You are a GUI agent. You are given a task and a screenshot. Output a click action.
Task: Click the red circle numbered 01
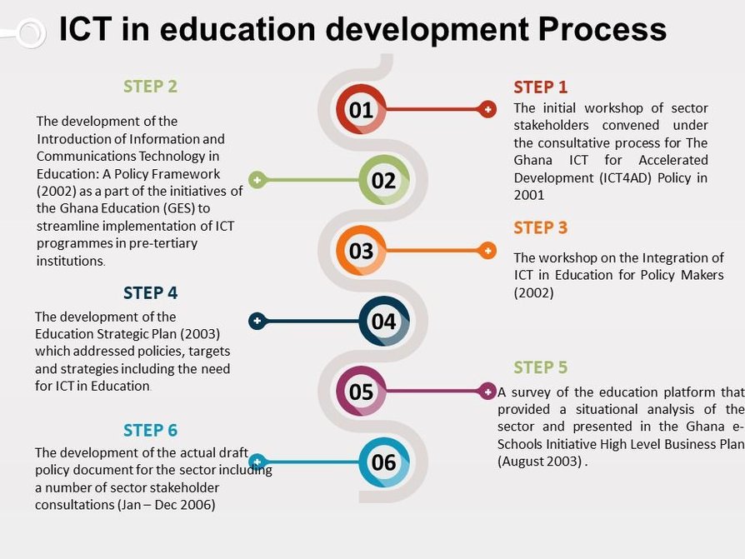click(x=361, y=109)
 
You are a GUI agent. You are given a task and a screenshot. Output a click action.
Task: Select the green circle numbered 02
click(x=383, y=180)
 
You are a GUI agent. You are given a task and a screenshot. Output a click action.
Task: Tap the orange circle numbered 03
click(x=361, y=250)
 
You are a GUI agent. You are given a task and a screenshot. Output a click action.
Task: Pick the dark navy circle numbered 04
click(x=383, y=321)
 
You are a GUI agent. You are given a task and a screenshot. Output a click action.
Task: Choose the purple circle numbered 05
click(x=361, y=391)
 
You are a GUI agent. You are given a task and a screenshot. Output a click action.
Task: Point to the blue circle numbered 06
click(x=383, y=462)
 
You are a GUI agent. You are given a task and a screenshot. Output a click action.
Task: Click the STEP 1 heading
click(x=540, y=87)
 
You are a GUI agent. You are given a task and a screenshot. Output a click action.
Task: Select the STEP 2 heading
click(x=150, y=86)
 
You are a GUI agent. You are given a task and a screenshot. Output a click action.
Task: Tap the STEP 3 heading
click(x=540, y=227)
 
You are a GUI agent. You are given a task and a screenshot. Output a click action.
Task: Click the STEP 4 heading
click(x=150, y=292)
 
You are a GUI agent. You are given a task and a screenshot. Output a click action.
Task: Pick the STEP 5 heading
click(x=540, y=367)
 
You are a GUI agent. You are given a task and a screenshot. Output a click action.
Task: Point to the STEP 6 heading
click(x=150, y=430)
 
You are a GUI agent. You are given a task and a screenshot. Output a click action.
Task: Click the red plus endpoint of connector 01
click(x=487, y=109)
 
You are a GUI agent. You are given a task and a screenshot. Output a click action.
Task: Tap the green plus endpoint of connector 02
click(x=257, y=180)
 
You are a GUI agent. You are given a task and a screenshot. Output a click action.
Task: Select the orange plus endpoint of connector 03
click(x=487, y=250)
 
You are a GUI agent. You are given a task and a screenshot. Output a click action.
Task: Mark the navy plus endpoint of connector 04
click(x=257, y=321)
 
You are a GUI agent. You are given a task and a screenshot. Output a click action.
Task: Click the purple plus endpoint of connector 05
click(x=487, y=391)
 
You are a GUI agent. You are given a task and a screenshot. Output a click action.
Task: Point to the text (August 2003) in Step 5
click(x=540, y=462)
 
